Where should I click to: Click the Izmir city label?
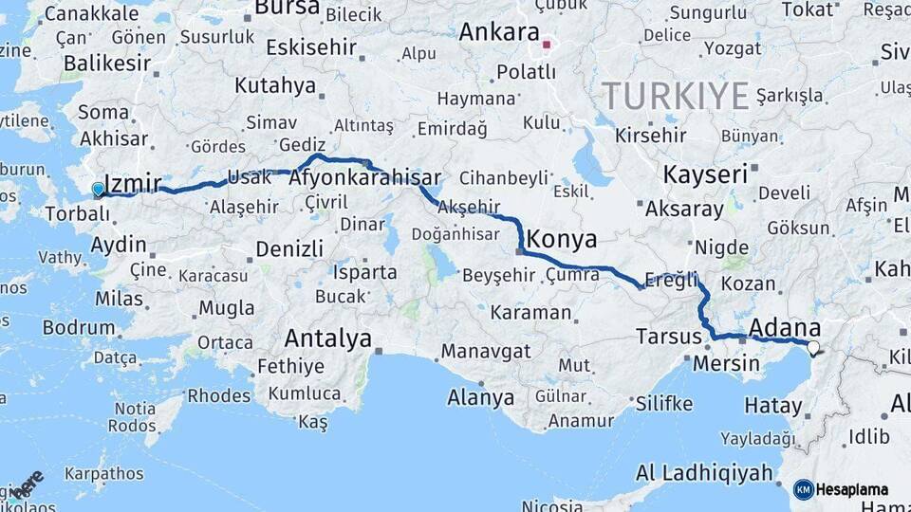tap(134, 183)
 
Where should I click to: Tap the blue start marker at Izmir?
tap(98, 190)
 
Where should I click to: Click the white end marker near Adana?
tap(812, 347)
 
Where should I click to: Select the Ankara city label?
tap(499, 32)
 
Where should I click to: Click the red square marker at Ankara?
tap(547, 44)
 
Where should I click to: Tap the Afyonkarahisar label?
tap(365, 178)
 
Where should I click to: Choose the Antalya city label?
tap(328, 338)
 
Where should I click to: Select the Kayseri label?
tap(706, 174)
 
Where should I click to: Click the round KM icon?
tap(803, 489)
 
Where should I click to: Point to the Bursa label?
tap(288, 8)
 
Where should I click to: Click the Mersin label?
tap(726, 363)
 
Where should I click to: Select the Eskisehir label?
tap(311, 47)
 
